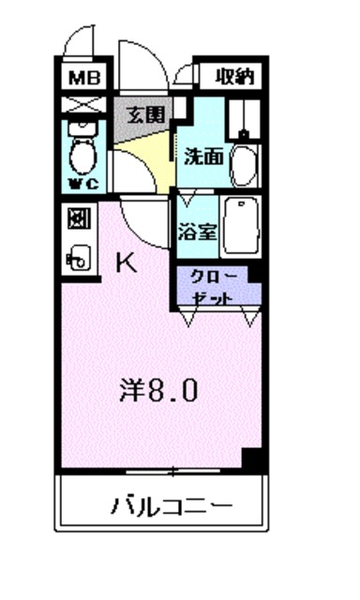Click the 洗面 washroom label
(x=202, y=157)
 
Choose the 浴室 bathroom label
(x=197, y=230)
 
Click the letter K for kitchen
(x=126, y=263)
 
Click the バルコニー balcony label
(x=172, y=508)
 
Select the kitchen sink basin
(x=80, y=256)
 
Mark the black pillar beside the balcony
(x=252, y=458)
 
